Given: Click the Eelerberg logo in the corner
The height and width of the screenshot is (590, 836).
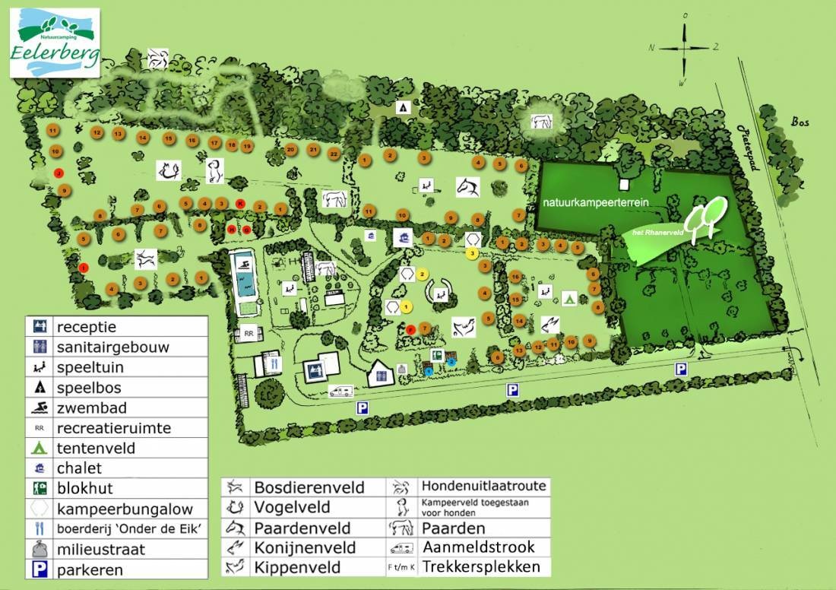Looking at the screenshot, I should (x=55, y=43).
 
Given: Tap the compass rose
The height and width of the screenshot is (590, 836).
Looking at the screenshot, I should (x=684, y=47).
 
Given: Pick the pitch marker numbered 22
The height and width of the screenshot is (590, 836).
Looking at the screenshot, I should (x=333, y=154).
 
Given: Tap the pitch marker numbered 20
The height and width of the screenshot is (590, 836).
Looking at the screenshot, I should (x=291, y=150).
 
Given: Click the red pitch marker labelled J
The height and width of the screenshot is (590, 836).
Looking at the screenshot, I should (x=59, y=173).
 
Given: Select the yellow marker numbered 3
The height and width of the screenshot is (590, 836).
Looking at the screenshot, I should (x=472, y=252).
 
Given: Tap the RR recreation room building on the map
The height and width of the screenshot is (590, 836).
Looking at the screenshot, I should (x=248, y=333).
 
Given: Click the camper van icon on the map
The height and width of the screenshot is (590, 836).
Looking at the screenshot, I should (x=340, y=391).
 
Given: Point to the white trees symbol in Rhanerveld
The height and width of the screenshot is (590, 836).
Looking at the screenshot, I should (x=703, y=217).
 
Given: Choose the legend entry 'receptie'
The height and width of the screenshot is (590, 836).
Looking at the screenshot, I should (x=86, y=327).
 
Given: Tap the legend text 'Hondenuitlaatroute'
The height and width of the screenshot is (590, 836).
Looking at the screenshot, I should (x=483, y=486).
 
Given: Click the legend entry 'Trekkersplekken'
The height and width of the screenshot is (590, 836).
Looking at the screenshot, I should (x=480, y=566).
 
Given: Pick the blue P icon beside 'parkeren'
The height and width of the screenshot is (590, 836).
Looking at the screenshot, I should (x=40, y=569).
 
